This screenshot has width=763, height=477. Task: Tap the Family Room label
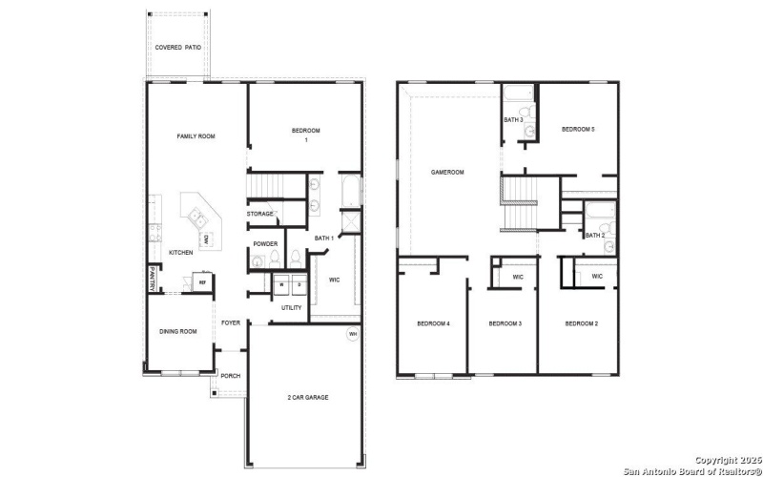(x=196, y=136)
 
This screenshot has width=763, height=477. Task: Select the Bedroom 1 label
(x=305, y=135)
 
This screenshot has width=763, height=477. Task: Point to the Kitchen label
(x=181, y=252)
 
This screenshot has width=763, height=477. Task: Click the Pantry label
(x=152, y=279)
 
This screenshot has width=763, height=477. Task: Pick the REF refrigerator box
(x=202, y=282)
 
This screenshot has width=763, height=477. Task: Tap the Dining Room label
(x=177, y=331)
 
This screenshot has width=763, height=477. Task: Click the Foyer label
(x=231, y=322)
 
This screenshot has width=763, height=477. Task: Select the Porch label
(x=231, y=375)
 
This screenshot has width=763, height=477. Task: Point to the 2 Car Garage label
(x=308, y=397)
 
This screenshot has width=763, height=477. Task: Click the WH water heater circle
(x=353, y=334)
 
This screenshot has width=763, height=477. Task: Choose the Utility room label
(x=292, y=307)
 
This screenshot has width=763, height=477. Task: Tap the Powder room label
(x=266, y=243)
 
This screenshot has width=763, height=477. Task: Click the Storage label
(x=261, y=214)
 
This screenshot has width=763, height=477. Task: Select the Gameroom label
(x=447, y=173)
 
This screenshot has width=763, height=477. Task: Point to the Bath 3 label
(x=513, y=120)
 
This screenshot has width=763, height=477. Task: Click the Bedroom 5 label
(x=578, y=129)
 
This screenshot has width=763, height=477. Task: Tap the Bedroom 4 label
(x=434, y=324)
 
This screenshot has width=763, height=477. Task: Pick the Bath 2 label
(x=594, y=235)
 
